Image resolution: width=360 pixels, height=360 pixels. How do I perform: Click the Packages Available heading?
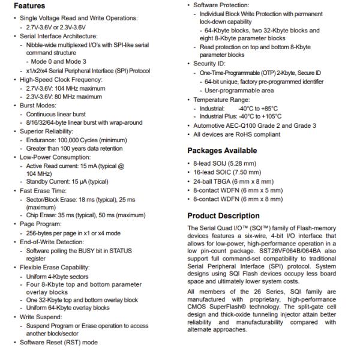coord(222,151)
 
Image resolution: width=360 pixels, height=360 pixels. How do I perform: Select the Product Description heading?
coord(223,216)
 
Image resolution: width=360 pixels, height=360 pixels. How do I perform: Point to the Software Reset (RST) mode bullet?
coord(55,343)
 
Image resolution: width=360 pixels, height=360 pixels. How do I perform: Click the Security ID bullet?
coord(210,64)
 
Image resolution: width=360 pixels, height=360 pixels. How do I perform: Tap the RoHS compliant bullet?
coord(236,134)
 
